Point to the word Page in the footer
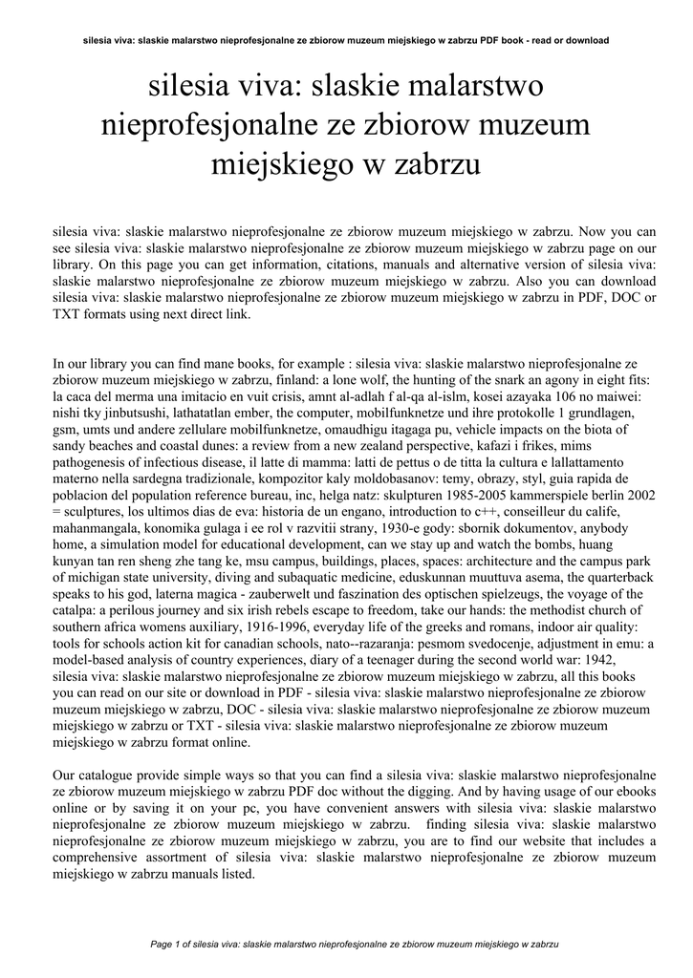tap(163, 944)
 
